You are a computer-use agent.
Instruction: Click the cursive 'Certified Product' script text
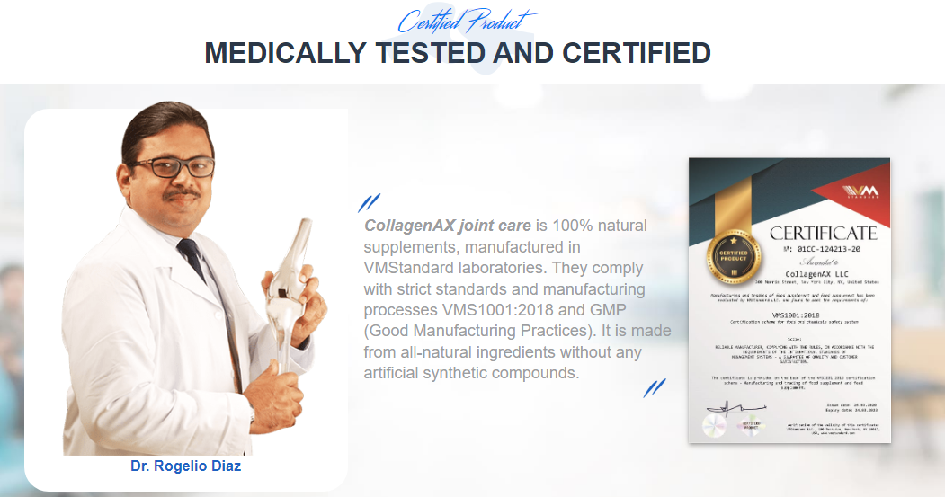click(x=467, y=21)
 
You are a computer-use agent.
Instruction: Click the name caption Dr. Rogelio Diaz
click(x=185, y=466)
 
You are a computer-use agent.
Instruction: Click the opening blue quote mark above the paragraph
click(x=369, y=203)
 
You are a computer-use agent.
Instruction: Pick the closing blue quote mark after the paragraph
click(x=655, y=387)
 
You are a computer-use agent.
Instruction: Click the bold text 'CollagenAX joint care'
click(x=447, y=225)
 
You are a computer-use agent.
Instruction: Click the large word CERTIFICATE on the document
click(x=823, y=234)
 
